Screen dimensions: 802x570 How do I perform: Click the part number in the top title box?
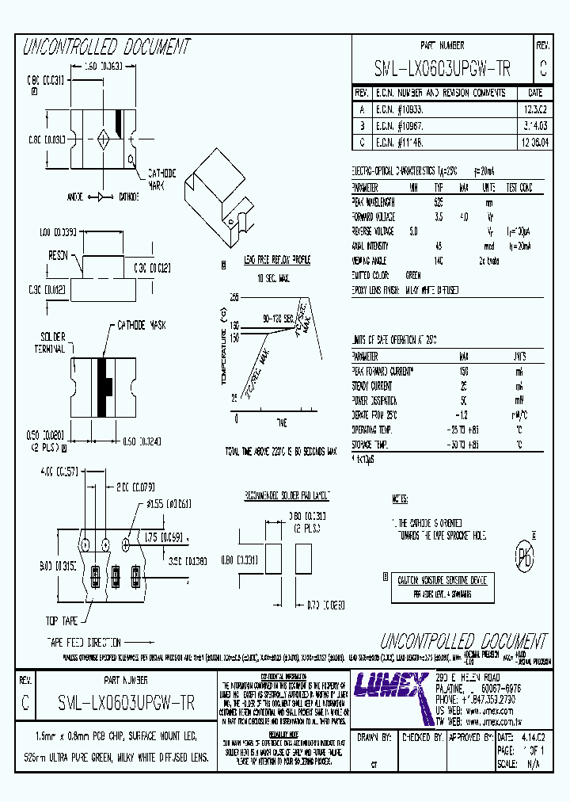442,71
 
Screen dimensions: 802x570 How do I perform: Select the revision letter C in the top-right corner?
542,70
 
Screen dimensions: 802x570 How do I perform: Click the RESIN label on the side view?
56,255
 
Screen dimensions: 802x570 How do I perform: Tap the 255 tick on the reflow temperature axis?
234,297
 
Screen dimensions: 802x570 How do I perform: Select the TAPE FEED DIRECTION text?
84,643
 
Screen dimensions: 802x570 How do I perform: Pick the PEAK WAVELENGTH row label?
373,202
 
